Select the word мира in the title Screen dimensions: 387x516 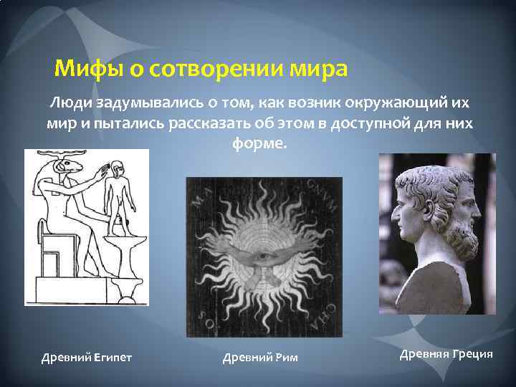tap(322, 70)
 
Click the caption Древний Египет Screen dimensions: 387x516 tap(86, 357)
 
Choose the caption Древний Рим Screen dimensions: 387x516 tap(260, 357)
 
